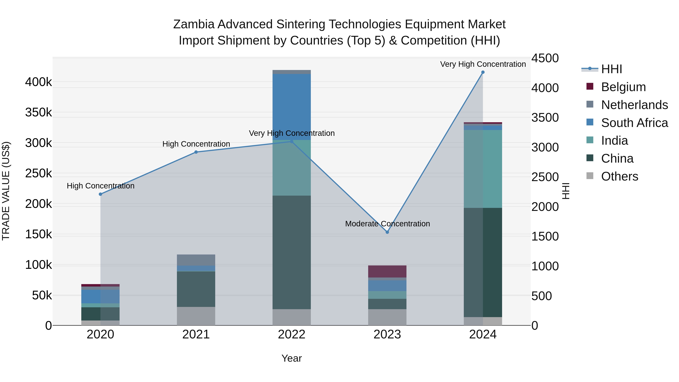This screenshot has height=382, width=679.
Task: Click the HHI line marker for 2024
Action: (483, 72)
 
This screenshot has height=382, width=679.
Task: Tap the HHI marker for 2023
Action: (387, 232)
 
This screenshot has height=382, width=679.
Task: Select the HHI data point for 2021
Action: (196, 152)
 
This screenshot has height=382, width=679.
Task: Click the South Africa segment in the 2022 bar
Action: (292, 107)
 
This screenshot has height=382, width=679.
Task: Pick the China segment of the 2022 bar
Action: (292, 252)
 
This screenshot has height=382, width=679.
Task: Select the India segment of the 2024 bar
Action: (483, 169)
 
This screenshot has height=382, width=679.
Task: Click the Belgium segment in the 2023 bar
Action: (387, 271)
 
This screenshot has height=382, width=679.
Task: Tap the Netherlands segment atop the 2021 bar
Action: (196, 260)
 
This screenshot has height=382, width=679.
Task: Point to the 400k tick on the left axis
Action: (38, 82)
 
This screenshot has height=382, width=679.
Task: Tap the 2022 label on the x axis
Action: (292, 334)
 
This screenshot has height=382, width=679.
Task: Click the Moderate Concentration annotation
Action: (387, 224)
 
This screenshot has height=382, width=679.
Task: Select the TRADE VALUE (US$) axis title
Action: (6, 191)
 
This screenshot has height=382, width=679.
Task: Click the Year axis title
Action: (292, 358)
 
